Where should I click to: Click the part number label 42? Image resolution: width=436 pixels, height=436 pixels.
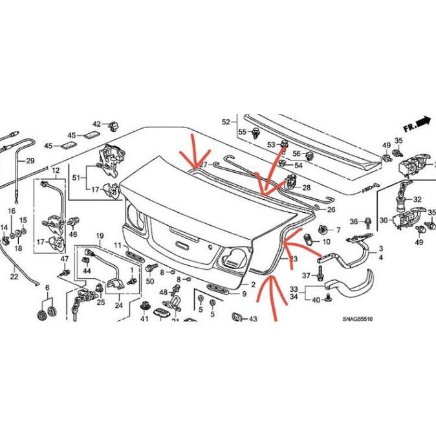(x=96, y=124)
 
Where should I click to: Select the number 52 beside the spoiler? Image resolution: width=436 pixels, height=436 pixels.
(x=226, y=122)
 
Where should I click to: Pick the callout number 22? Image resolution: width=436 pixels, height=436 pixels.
(x=14, y=277)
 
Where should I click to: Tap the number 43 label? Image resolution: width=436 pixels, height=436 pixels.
(x=252, y=318)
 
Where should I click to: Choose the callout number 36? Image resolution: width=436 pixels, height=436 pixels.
(x=353, y=222)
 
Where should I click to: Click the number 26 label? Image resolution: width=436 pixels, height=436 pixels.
(x=331, y=210)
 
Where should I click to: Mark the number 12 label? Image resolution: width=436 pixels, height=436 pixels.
(x=56, y=171)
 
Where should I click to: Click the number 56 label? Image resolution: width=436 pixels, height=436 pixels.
(x=296, y=153)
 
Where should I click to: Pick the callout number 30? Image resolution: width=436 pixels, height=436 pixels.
(x=384, y=221)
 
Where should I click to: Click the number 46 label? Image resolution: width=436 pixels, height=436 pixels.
(x=73, y=234)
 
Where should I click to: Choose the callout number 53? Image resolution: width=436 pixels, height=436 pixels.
(x=271, y=144)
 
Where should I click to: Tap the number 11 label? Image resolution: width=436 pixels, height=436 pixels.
(x=118, y=245)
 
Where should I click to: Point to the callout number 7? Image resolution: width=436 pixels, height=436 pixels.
(x=337, y=230)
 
